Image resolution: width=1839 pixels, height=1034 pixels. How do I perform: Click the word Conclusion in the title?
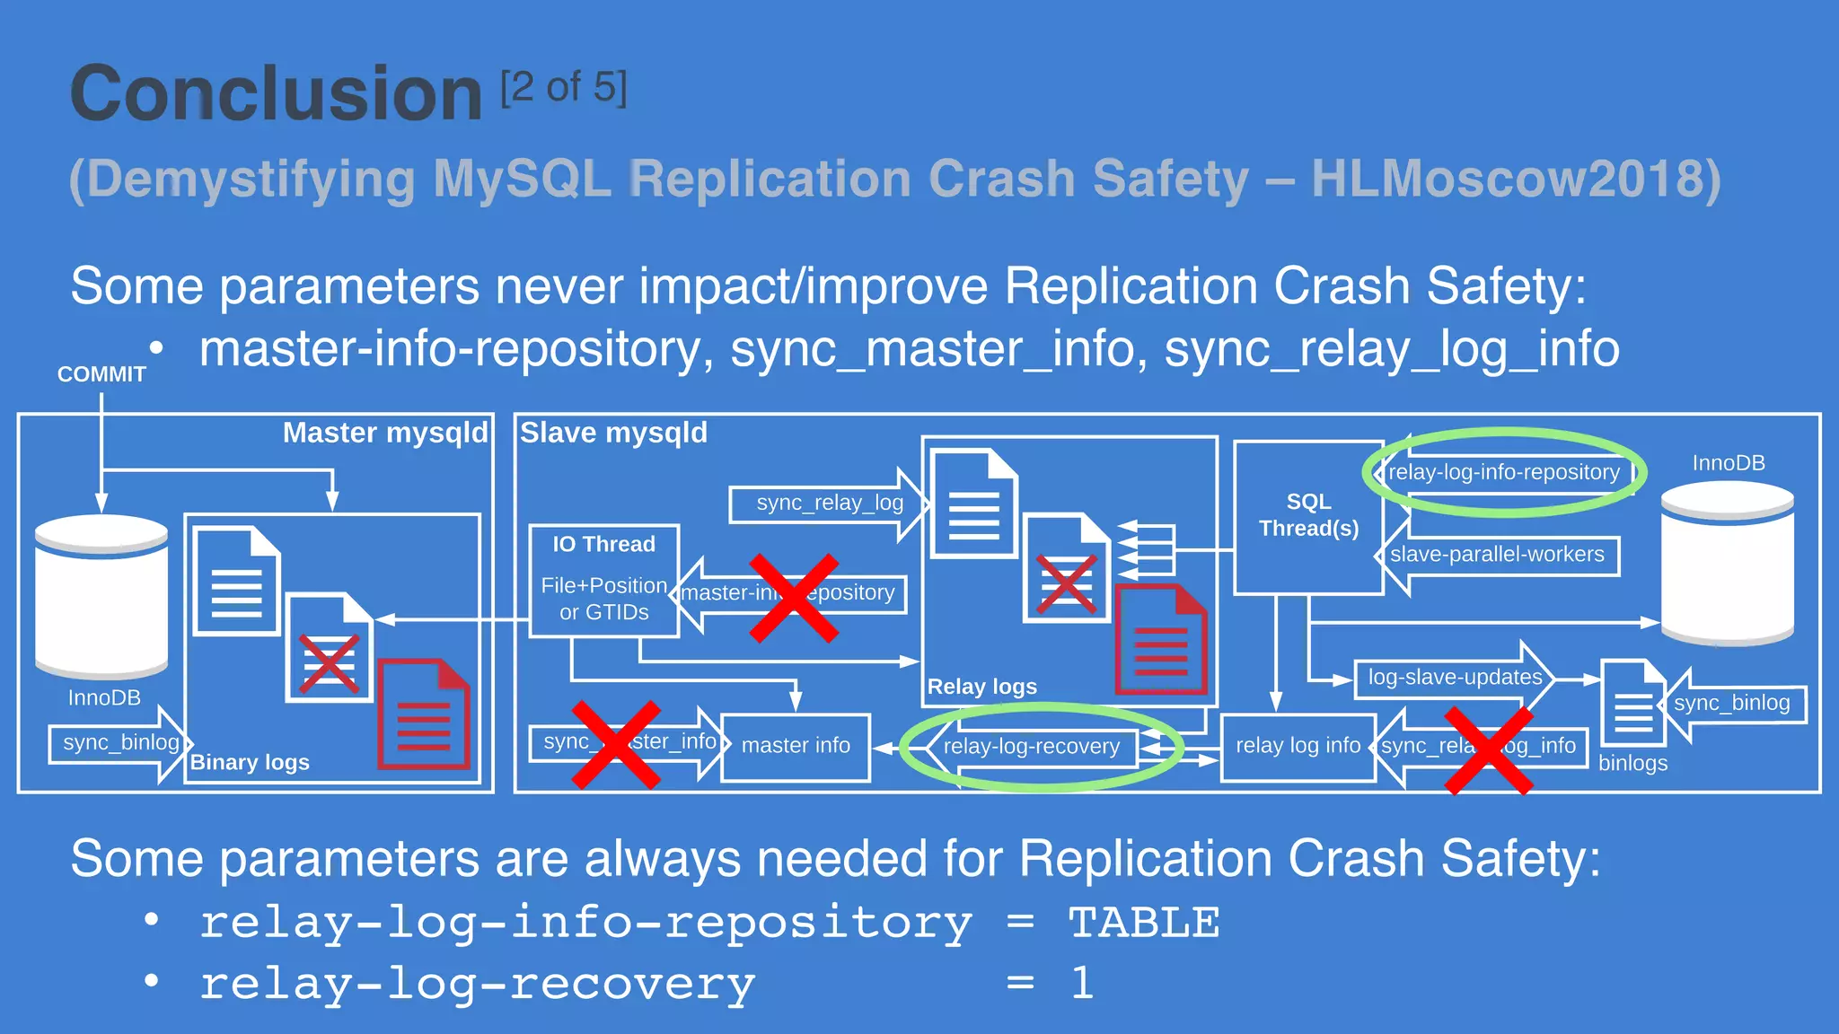277,93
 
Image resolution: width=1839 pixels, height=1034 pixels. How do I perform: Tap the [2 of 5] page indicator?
563,88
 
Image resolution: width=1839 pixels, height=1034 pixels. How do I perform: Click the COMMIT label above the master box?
101,374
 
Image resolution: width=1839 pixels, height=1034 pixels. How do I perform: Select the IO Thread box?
603,580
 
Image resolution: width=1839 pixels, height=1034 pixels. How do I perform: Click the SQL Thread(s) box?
1308,516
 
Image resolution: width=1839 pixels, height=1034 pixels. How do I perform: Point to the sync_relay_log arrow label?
829,503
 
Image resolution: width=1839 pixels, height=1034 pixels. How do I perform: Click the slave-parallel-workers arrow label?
1497,555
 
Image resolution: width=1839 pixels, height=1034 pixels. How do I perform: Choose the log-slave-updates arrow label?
1455,678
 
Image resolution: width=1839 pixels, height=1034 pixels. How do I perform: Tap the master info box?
796,746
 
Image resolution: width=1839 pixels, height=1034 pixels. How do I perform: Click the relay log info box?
1298,746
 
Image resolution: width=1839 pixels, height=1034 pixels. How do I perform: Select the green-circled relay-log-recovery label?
1032,747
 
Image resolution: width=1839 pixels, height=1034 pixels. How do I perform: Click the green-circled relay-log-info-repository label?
1503,472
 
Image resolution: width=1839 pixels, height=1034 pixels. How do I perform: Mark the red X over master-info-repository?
794,598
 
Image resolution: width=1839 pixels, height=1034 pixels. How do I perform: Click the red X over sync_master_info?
616,745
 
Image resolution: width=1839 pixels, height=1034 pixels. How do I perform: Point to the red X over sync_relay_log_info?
1488,750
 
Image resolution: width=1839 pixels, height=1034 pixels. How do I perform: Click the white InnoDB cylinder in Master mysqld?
101,597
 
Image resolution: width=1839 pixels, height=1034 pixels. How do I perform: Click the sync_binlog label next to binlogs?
1731,703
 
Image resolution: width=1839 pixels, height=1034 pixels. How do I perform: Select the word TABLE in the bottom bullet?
1143,923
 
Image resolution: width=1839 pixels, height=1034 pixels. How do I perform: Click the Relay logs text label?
981,687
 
